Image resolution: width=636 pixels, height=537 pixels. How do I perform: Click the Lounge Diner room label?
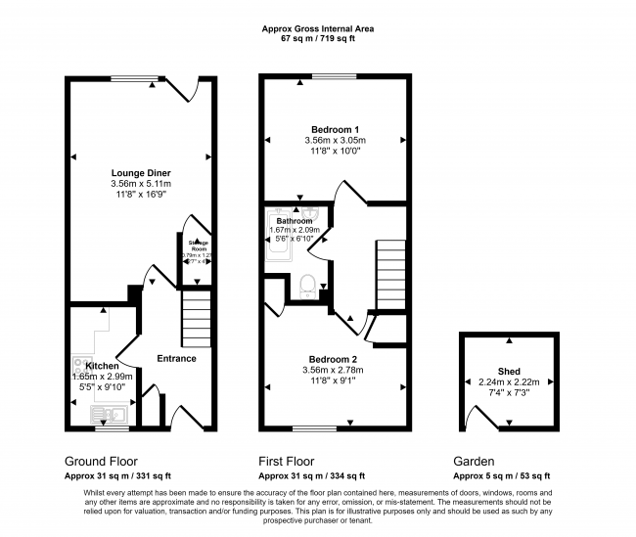click(x=141, y=172)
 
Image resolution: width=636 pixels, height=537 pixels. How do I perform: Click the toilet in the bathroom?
click(x=306, y=285)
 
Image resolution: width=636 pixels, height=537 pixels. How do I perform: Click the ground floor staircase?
click(x=196, y=319)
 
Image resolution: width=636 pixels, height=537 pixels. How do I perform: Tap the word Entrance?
click(x=176, y=358)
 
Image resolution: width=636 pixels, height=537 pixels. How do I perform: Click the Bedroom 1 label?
click(x=335, y=130)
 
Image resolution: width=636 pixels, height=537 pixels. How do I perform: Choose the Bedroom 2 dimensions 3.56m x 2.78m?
click(x=335, y=370)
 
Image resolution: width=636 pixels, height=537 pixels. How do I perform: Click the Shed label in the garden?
click(x=509, y=372)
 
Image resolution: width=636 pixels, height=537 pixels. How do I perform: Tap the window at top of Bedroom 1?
click(x=335, y=77)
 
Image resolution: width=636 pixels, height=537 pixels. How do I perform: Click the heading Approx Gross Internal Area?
click(x=317, y=29)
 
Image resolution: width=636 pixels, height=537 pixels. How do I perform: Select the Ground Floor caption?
click(x=101, y=461)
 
